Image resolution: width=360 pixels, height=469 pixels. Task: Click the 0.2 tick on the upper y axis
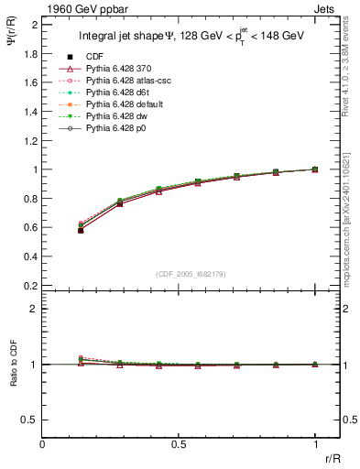(32, 286)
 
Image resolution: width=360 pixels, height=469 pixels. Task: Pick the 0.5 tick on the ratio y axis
(32, 420)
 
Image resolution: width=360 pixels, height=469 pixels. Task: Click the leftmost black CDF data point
(82, 230)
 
